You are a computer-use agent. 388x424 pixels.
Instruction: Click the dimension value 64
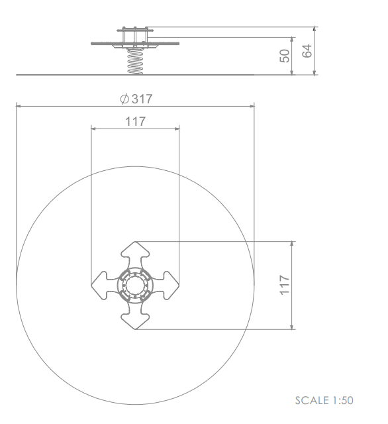[x=307, y=51]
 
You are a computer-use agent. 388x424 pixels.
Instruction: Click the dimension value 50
[x=285, y=56]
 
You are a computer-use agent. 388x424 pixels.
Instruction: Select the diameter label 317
[x=142, y=99]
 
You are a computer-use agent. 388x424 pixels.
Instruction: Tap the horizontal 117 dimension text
[x=135, y=121]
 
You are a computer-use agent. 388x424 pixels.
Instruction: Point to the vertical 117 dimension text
[x=285, y=285]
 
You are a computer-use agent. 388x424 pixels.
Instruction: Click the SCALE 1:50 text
[x=324, y=400]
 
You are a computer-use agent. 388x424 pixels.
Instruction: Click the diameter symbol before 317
[x=124, y=99]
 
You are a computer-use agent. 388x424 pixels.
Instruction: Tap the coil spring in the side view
[x=135, y=62]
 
